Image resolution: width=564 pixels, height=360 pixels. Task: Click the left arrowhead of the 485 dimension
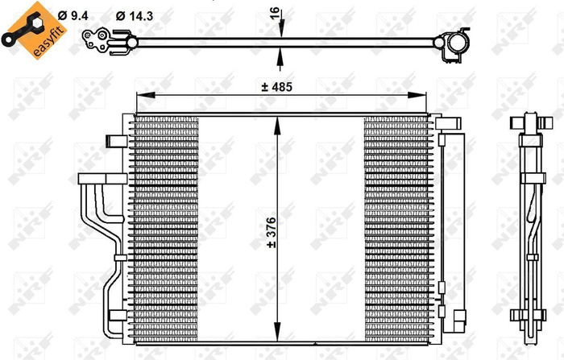point(139,96)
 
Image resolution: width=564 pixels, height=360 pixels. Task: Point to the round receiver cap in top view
point(456,42)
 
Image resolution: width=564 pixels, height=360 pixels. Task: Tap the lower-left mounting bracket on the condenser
point(114,315)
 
